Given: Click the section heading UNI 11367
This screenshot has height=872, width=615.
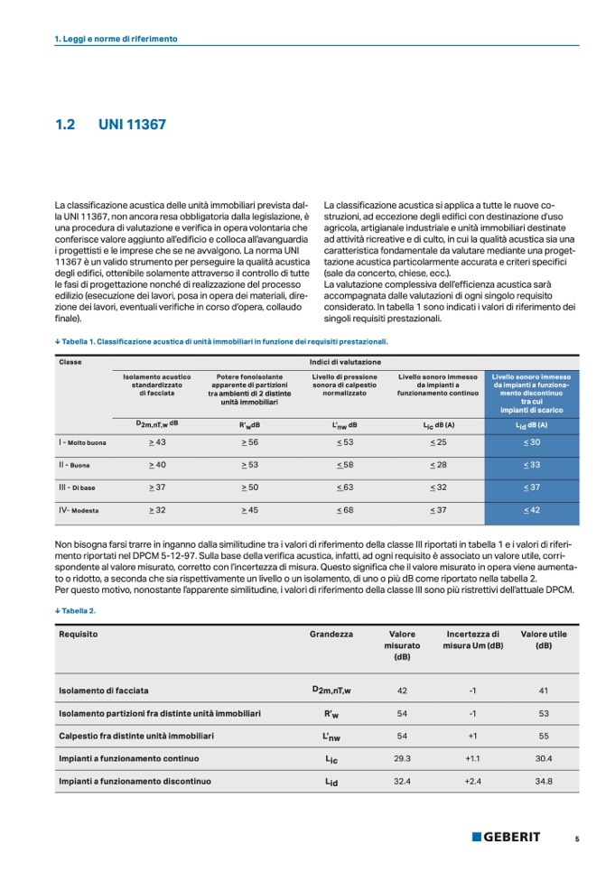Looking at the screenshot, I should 132,125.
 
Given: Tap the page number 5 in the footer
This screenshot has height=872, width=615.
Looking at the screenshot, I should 577,838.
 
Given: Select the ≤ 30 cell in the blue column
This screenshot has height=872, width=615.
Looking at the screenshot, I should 532,441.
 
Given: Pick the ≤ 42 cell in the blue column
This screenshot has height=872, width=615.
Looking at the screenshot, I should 532,510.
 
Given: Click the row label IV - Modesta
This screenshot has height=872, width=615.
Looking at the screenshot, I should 79,510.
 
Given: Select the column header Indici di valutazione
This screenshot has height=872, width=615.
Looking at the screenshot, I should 339,362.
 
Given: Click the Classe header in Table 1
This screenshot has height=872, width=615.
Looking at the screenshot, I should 70,362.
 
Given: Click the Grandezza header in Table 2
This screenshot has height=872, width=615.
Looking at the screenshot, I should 331,634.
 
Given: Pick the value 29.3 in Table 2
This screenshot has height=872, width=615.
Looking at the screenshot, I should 403,758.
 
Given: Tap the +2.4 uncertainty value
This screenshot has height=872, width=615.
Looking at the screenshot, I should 472,781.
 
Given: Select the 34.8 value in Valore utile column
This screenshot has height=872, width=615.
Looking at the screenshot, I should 544,781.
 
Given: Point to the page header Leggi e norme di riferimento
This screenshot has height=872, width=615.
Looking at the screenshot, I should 116,39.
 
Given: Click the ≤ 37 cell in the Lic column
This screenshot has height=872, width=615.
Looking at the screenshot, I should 437,510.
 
